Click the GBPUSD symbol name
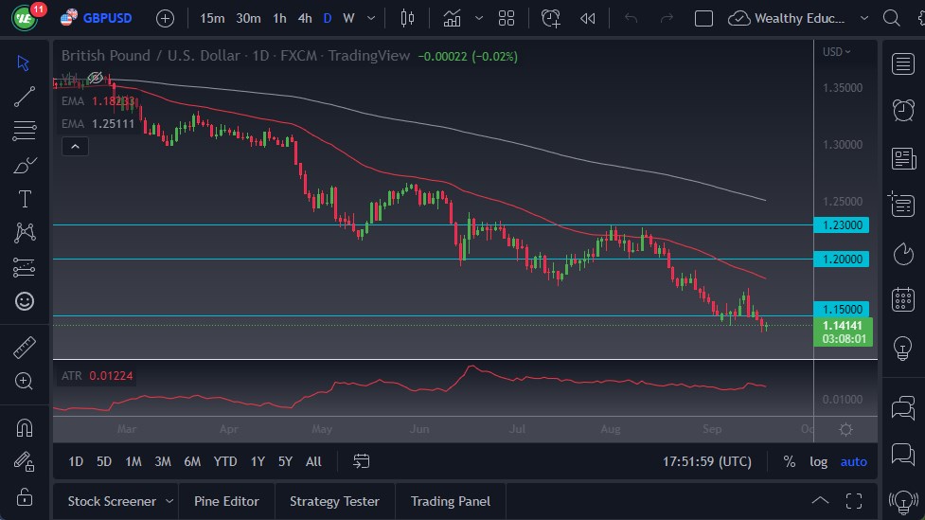(x=107, y=18)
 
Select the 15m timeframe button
(x=212, y=18)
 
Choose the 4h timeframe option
(x=304, y=18)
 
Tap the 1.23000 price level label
(x=842, y=225)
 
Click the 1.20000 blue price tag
(x=842, y=259)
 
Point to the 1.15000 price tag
(x=842, y=309)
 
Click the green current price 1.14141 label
(x=842, y=325)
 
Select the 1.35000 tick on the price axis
(x=842, y=87)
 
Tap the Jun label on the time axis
(x=419, y=429)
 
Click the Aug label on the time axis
(x=611, y=429)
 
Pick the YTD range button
(x=224, y=461)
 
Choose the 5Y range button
(x=285, y=461)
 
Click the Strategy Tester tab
(x=334, y=501)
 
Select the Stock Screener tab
(x=112, y=501)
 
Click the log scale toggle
(x=818, y=461)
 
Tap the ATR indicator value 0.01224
(x=111, y=376)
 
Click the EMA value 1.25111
(x=114, y=123)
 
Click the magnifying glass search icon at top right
(x=891, y=18)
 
